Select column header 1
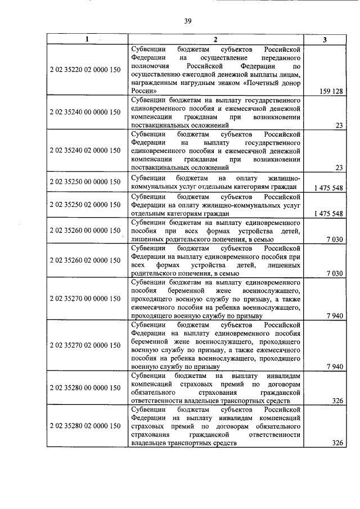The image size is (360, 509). [87, 39]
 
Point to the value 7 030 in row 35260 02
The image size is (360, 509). [334, 273]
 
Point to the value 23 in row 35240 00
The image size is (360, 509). [339, 125]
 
